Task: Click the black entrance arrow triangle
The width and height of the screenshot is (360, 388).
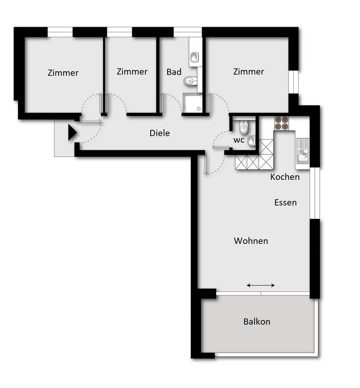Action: [x=72, y=133]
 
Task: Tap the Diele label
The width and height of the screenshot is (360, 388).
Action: [x=160, y=133]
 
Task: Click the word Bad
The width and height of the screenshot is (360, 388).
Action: [x=174, y=72]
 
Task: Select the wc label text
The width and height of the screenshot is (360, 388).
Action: [x=239, y=140]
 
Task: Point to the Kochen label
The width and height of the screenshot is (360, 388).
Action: [x=285, y=177]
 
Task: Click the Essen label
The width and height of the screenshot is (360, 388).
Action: [x=285, y=202]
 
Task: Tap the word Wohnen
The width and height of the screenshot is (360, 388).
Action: [x=251, y=241]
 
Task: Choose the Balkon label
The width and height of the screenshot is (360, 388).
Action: [x=257, y=322]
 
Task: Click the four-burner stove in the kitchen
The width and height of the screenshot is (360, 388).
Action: [x=281, y=123]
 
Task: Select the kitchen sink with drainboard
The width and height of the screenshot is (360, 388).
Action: [x=302, y=151]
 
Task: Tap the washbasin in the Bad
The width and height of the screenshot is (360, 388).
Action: [x=194, y=58]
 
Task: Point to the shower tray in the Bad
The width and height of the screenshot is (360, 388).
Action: [x=192, y=103]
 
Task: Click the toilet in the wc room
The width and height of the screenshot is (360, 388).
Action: [x=244, y=127]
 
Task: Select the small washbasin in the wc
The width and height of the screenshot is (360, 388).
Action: [x=251, y=141]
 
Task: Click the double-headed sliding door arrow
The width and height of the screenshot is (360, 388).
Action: [x=261, y=285]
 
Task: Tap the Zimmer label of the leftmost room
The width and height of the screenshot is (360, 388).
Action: [x=63, y=73]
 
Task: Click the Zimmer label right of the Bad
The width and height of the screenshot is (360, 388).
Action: [x=248, y=71]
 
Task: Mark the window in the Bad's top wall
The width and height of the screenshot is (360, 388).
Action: [x=188, y=32]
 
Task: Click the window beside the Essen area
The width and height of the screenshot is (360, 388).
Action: [x=315, y=193]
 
